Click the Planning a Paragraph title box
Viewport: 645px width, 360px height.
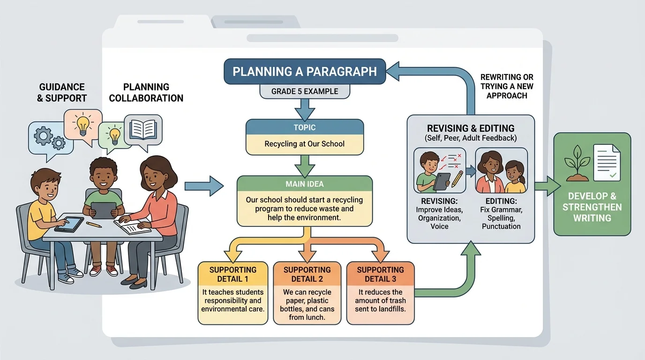tap(305, 72)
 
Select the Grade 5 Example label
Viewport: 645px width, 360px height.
tap(305, 91)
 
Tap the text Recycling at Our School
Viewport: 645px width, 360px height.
tap(305, 144)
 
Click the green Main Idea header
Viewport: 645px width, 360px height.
tap(305, 184)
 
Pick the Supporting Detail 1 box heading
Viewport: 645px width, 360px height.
tap(233, 274)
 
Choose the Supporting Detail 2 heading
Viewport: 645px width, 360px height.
tap(307, 274)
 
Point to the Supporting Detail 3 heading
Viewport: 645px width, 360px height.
tap(380, 274)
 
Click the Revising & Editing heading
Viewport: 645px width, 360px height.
tap(471, 128)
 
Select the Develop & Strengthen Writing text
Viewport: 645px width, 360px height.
tap(592, 207)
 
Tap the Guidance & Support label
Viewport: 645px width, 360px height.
tap(62, 92)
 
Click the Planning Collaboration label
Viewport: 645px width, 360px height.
tap(146, 92)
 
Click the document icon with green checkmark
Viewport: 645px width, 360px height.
tap(607, 163)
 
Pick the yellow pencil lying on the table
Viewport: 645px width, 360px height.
tap(94, 225)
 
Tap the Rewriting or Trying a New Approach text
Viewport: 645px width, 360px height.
tap(507, 86)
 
